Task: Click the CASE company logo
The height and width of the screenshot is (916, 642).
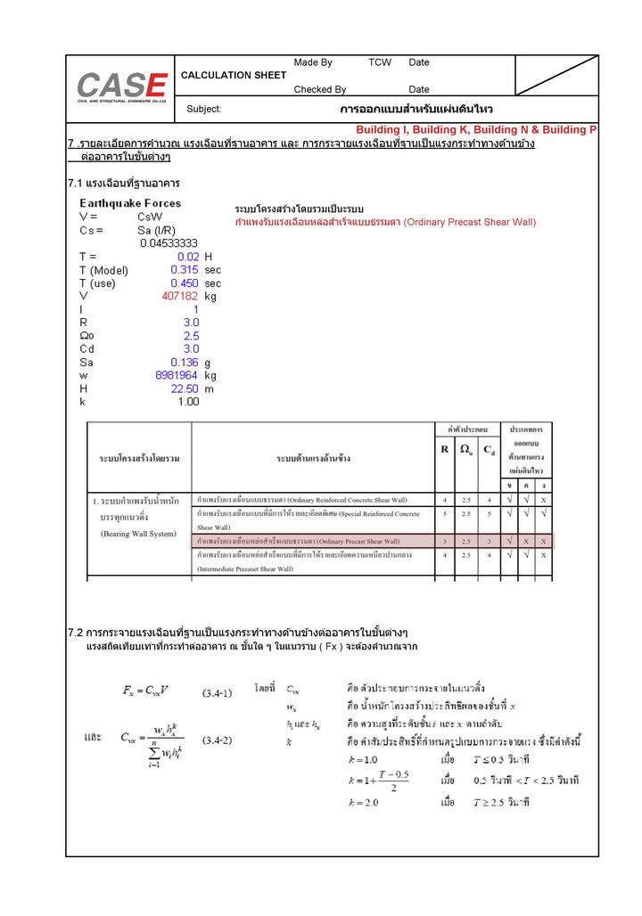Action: (122, 87)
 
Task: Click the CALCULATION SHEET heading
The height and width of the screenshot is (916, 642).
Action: (234, 75)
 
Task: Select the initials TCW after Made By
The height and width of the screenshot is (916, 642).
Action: (380, 62)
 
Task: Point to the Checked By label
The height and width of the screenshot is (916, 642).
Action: (320, 89)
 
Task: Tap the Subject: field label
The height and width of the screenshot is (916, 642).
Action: (204, 109)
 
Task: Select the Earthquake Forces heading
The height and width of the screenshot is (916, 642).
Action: (130, 203)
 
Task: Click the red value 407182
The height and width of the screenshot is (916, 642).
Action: (179, 296)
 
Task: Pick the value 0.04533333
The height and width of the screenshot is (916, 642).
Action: (169, 242)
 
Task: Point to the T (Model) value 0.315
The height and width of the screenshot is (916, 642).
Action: (185, 269)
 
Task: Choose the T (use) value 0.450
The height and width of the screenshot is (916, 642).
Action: (185, 282)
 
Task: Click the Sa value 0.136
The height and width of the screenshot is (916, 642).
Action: (185, 363)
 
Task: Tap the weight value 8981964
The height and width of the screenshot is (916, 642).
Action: (177, 375)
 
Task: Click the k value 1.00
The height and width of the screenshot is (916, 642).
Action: (188, 402)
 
